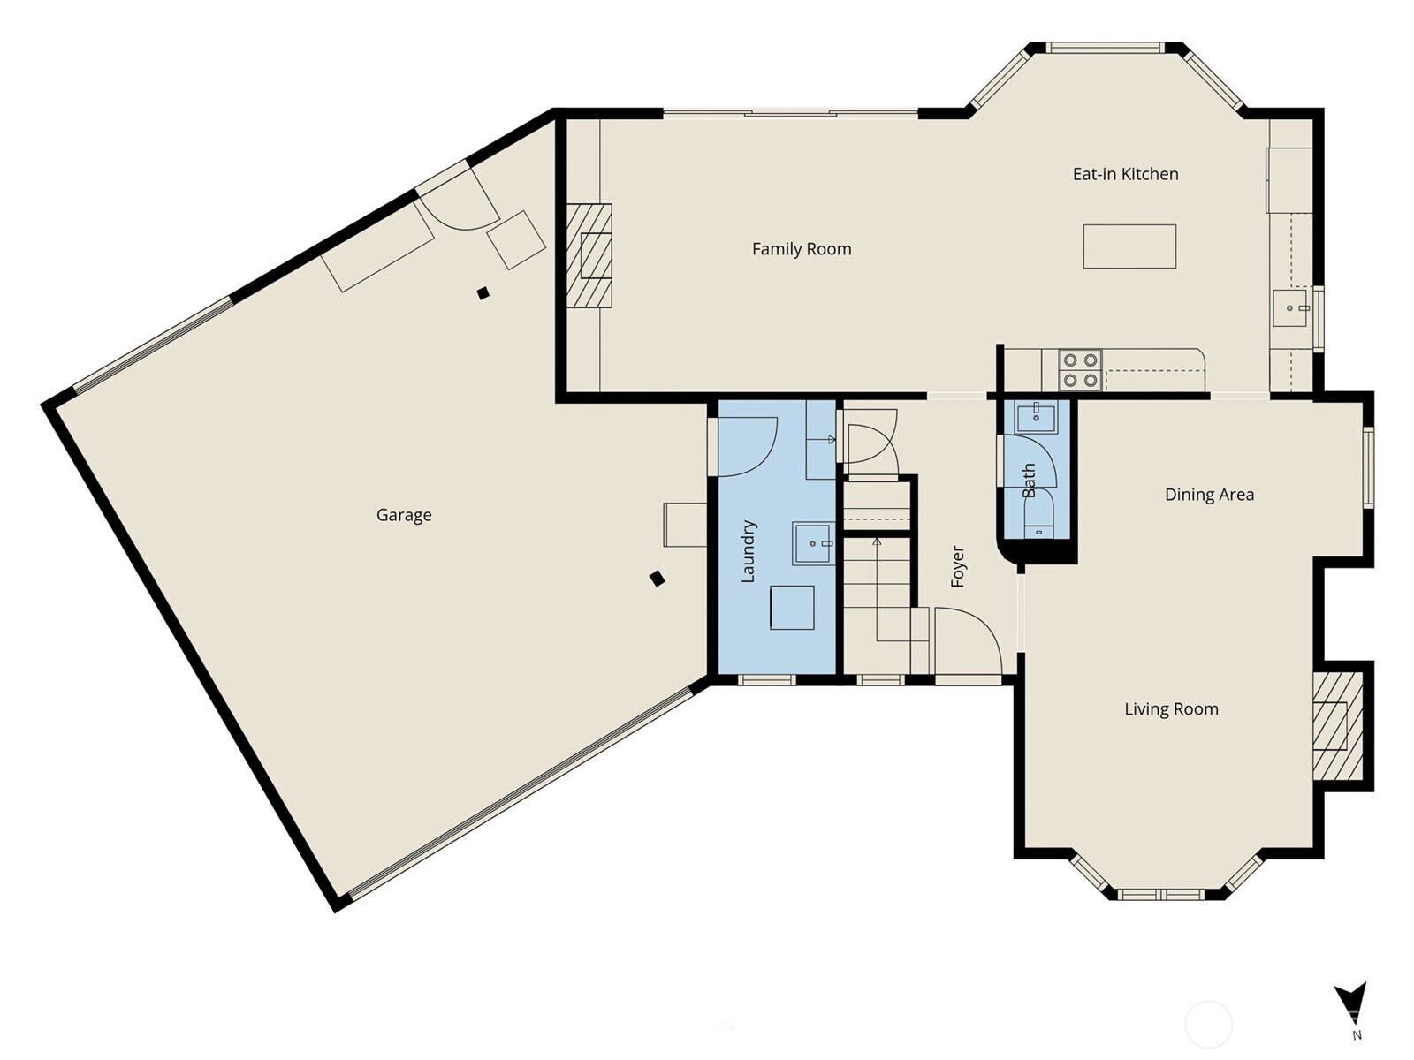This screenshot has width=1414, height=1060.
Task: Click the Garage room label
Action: coord(404,515)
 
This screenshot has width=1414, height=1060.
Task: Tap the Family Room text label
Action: coord(802,249)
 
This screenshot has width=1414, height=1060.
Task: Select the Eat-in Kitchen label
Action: coord(1125,174)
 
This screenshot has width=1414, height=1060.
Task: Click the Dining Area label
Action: coord(1209,495)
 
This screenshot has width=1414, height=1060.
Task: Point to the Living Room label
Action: coord(1171,709)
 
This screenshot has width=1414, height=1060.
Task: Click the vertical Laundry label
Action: coord(748,551)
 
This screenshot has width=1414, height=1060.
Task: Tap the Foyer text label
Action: coord(958,566)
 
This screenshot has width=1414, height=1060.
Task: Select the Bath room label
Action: coord(1029,481)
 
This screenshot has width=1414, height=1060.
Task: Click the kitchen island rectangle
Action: coord(1129,246)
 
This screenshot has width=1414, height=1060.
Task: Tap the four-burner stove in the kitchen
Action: coord(1080,370)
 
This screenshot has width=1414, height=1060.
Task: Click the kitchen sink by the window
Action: coord(1290,308)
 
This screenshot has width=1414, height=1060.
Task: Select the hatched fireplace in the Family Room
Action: coord(589,255)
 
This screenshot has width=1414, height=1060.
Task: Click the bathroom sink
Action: coord(1036,417)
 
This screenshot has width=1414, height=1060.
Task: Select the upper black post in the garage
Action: coord(483,293)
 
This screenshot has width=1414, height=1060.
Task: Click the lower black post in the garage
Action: coord(657,579)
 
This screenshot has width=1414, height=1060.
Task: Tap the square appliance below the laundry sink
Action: coord(792,608)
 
